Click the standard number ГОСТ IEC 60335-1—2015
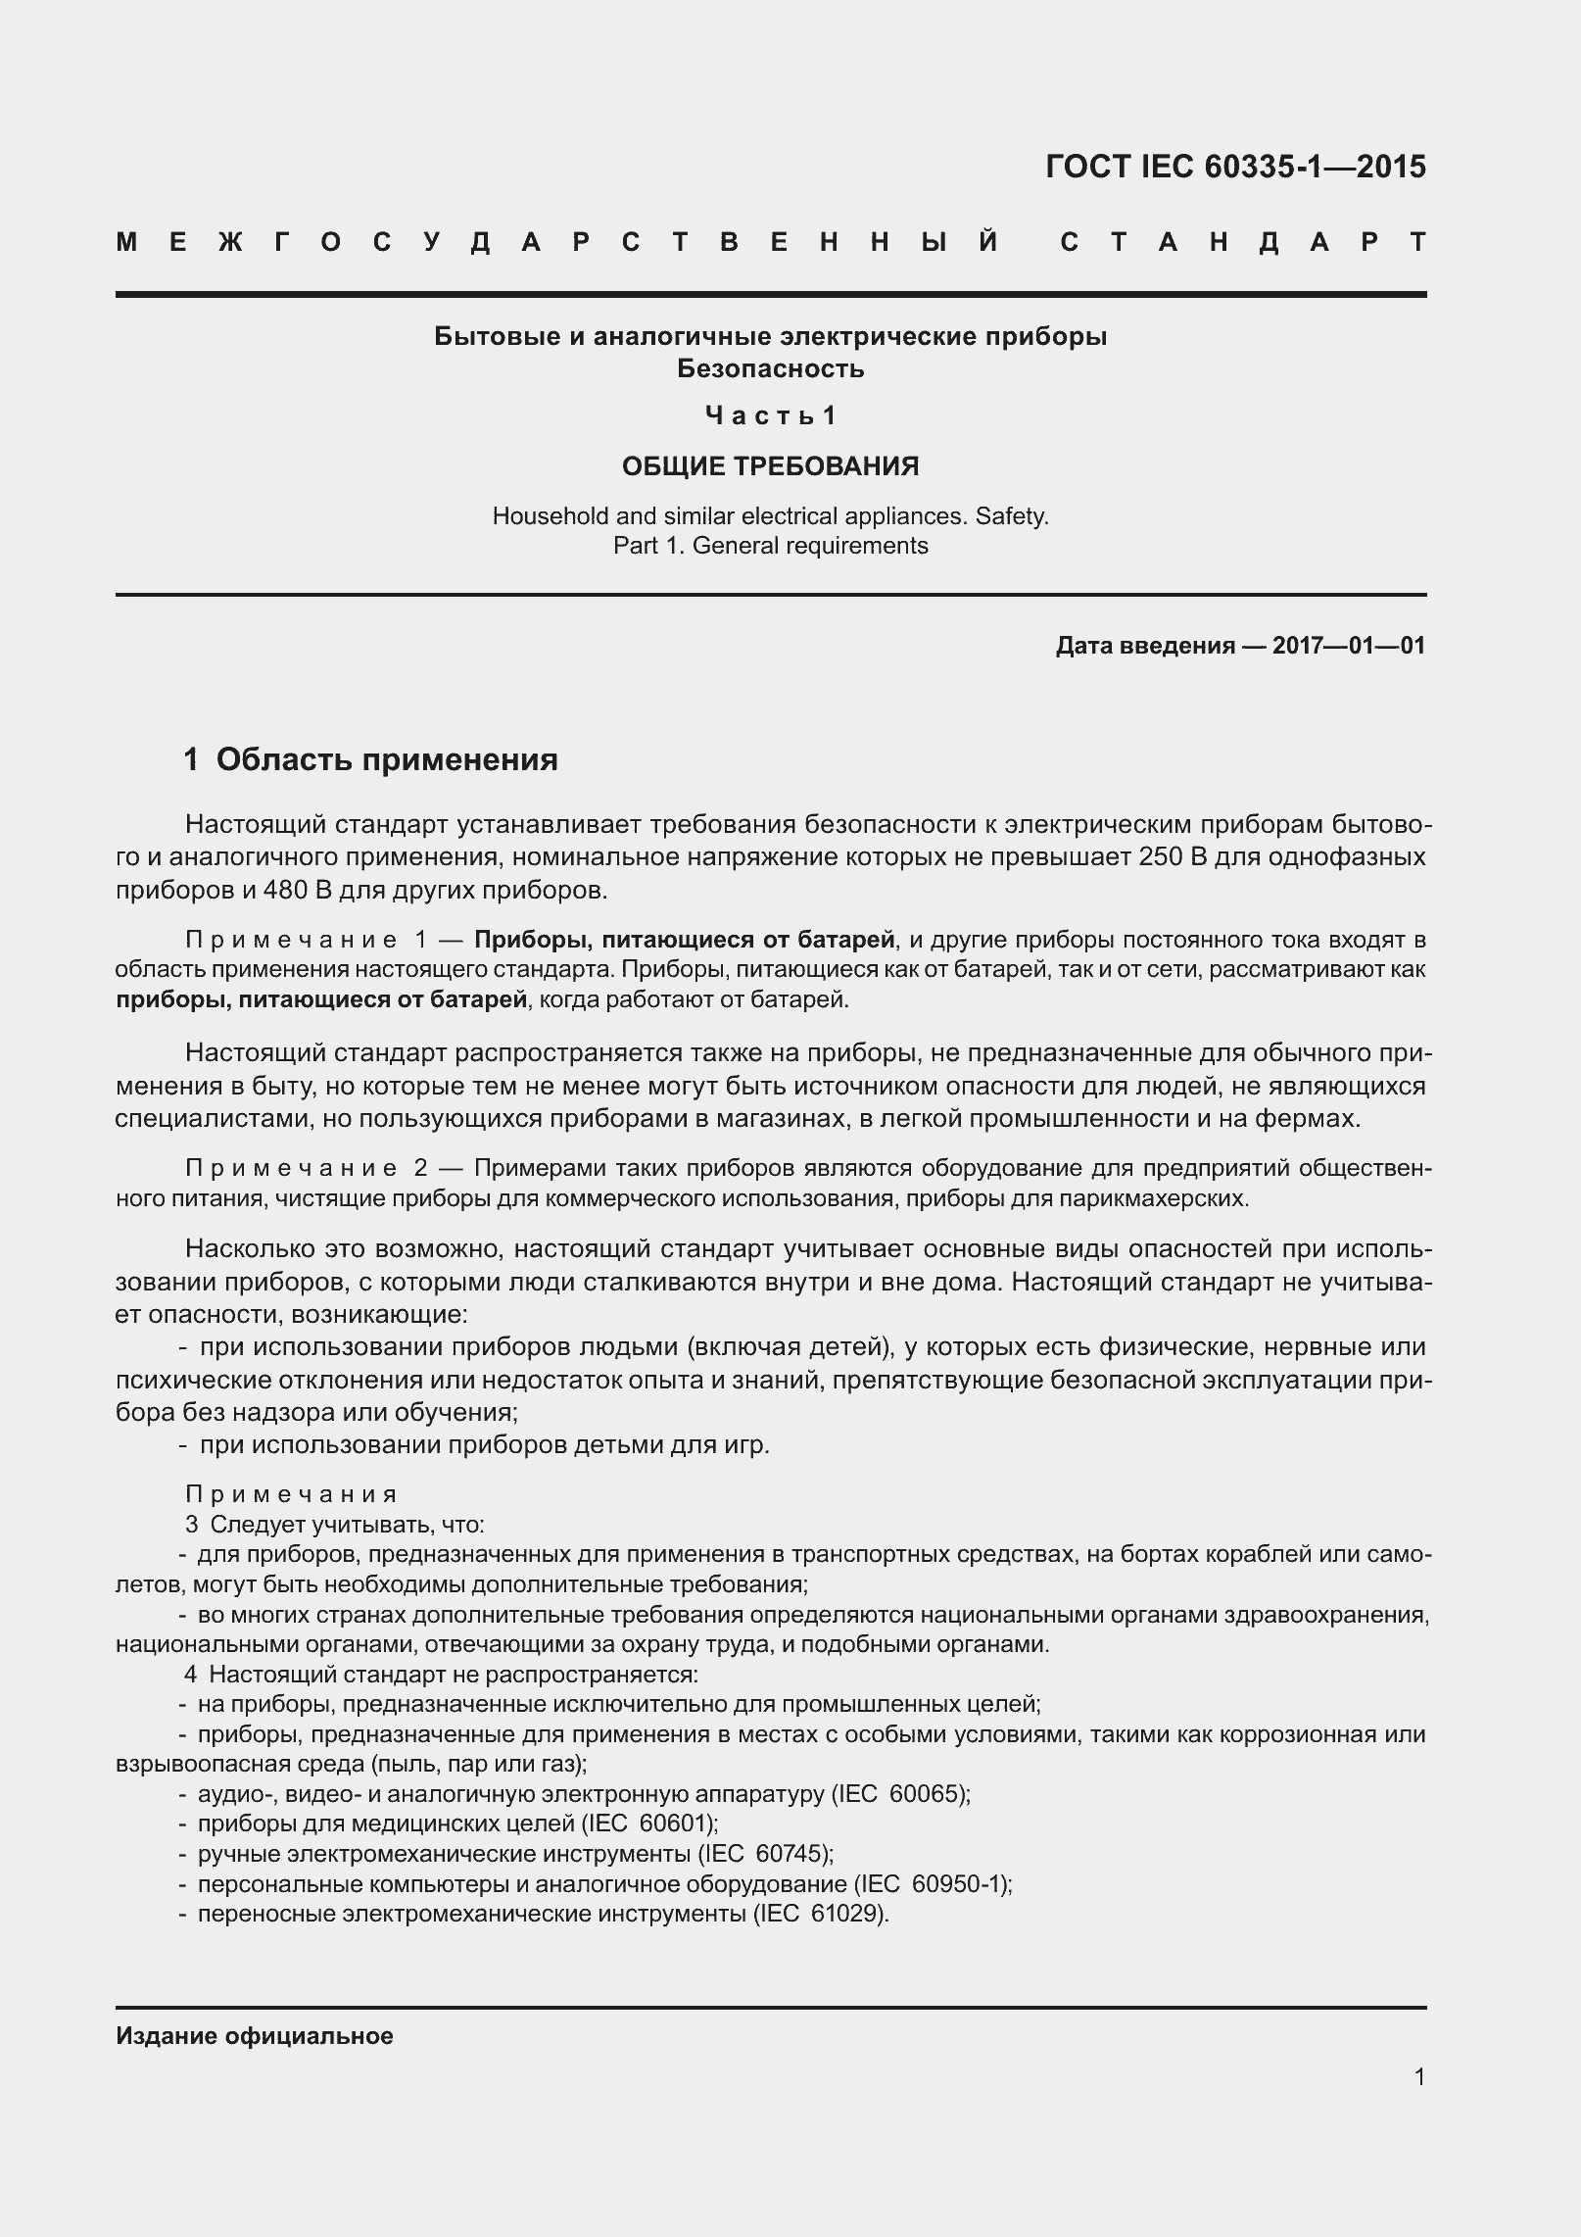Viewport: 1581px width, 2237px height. click(x=1235, y=168)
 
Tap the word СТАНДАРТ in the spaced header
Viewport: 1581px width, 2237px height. click(x=1242, y=242)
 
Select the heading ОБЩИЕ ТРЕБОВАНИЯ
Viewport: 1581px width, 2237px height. click(x=770, y=466)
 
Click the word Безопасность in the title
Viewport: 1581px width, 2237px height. click(x=770, y=368)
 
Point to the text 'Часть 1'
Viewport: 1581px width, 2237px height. click(x=770, y=416)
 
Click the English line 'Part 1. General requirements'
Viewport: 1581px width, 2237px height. click(x=770, y=545)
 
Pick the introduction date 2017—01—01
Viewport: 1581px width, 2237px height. click(x=1348, y=646)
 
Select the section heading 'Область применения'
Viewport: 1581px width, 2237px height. click(x=386, y=758)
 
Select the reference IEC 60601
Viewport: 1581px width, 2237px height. click(x=648, y=1824)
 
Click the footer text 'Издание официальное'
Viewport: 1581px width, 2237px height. click(x=255, y=2036)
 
